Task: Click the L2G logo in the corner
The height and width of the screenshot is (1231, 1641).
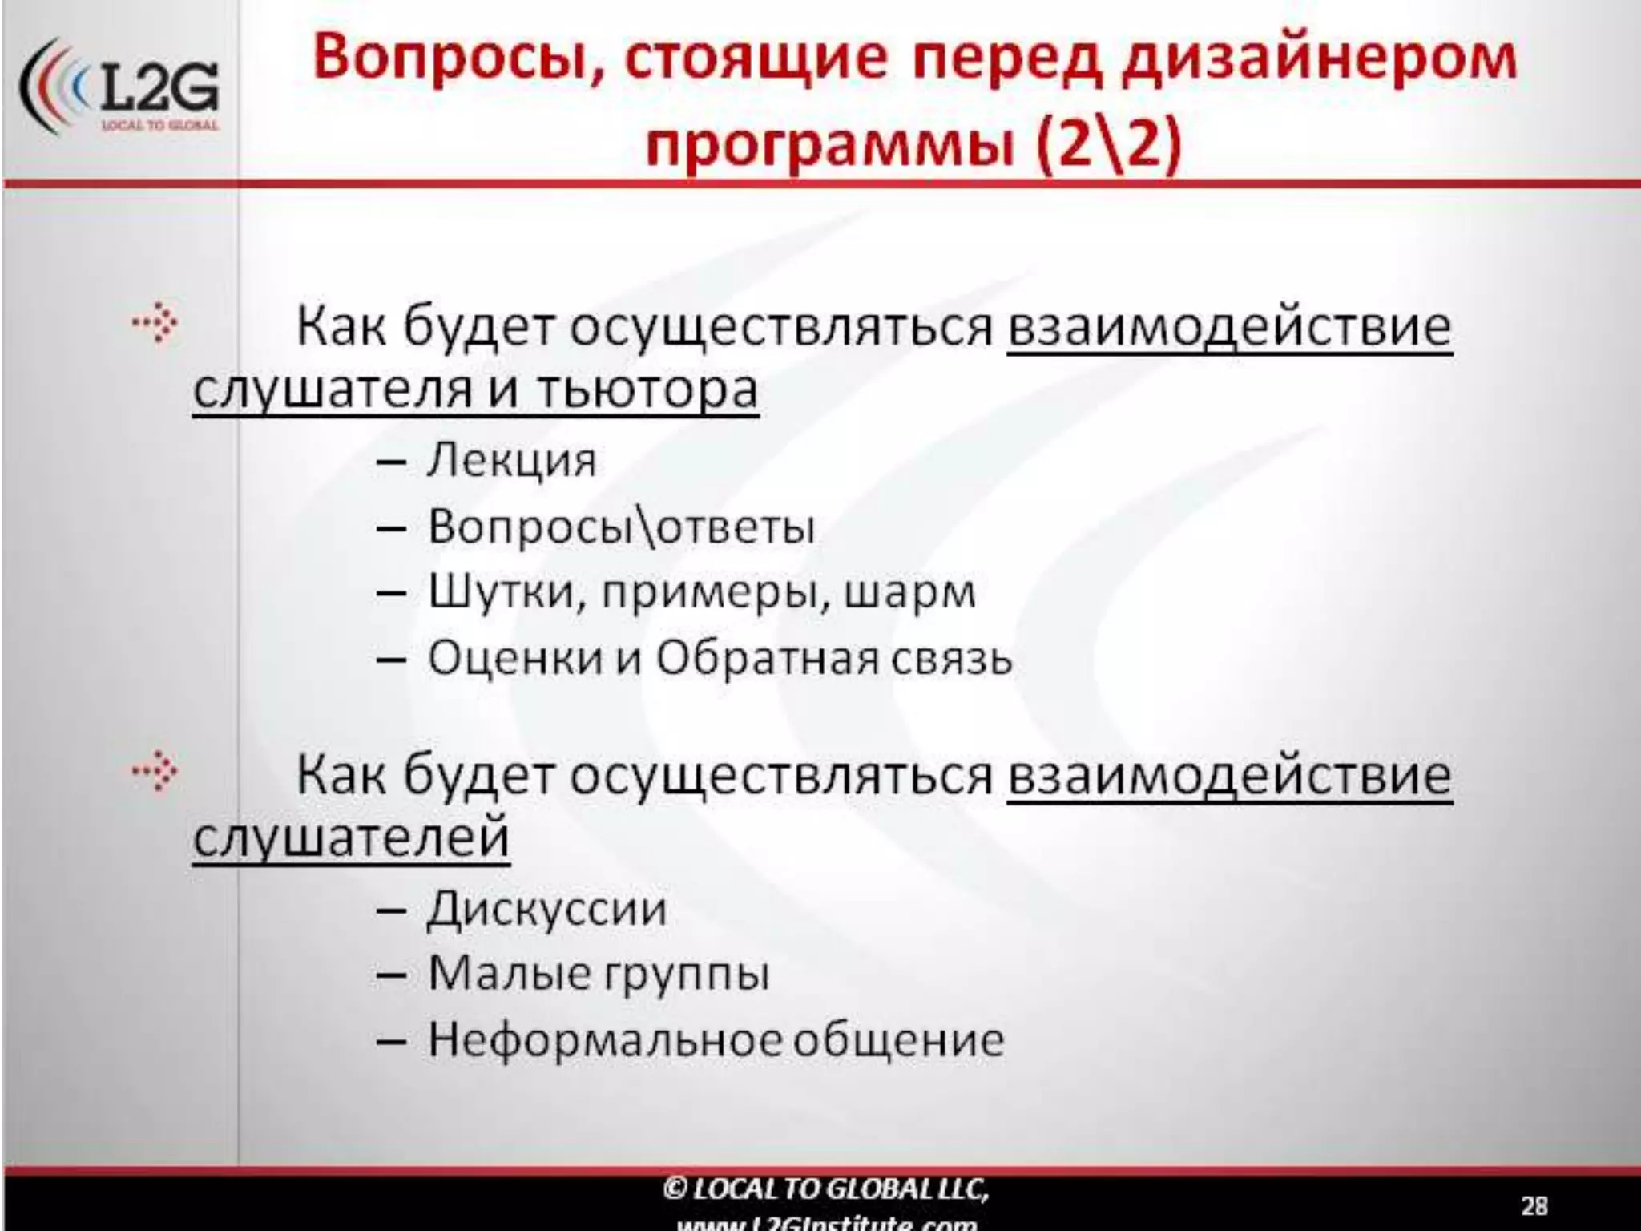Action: pos(120,88)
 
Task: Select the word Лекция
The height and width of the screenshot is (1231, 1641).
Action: pos(512,462)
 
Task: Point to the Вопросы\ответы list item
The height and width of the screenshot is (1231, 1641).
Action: pos(621,527)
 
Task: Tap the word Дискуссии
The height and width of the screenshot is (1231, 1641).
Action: pos(546,910)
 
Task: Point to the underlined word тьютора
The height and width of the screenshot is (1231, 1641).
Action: pos(646,391)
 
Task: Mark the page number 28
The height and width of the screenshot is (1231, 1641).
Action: pos(1534,1205)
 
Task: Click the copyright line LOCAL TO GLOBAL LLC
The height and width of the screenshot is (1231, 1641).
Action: pos(825,1189)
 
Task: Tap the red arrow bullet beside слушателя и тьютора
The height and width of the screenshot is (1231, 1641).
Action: pos(155,324)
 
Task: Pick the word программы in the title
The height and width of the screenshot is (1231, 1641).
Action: pos(833,145)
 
